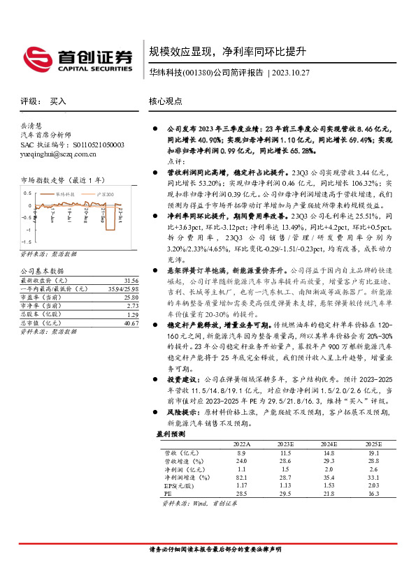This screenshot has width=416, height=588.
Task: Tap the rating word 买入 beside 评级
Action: [58, 101]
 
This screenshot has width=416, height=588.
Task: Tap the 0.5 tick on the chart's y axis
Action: [27, 192]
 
